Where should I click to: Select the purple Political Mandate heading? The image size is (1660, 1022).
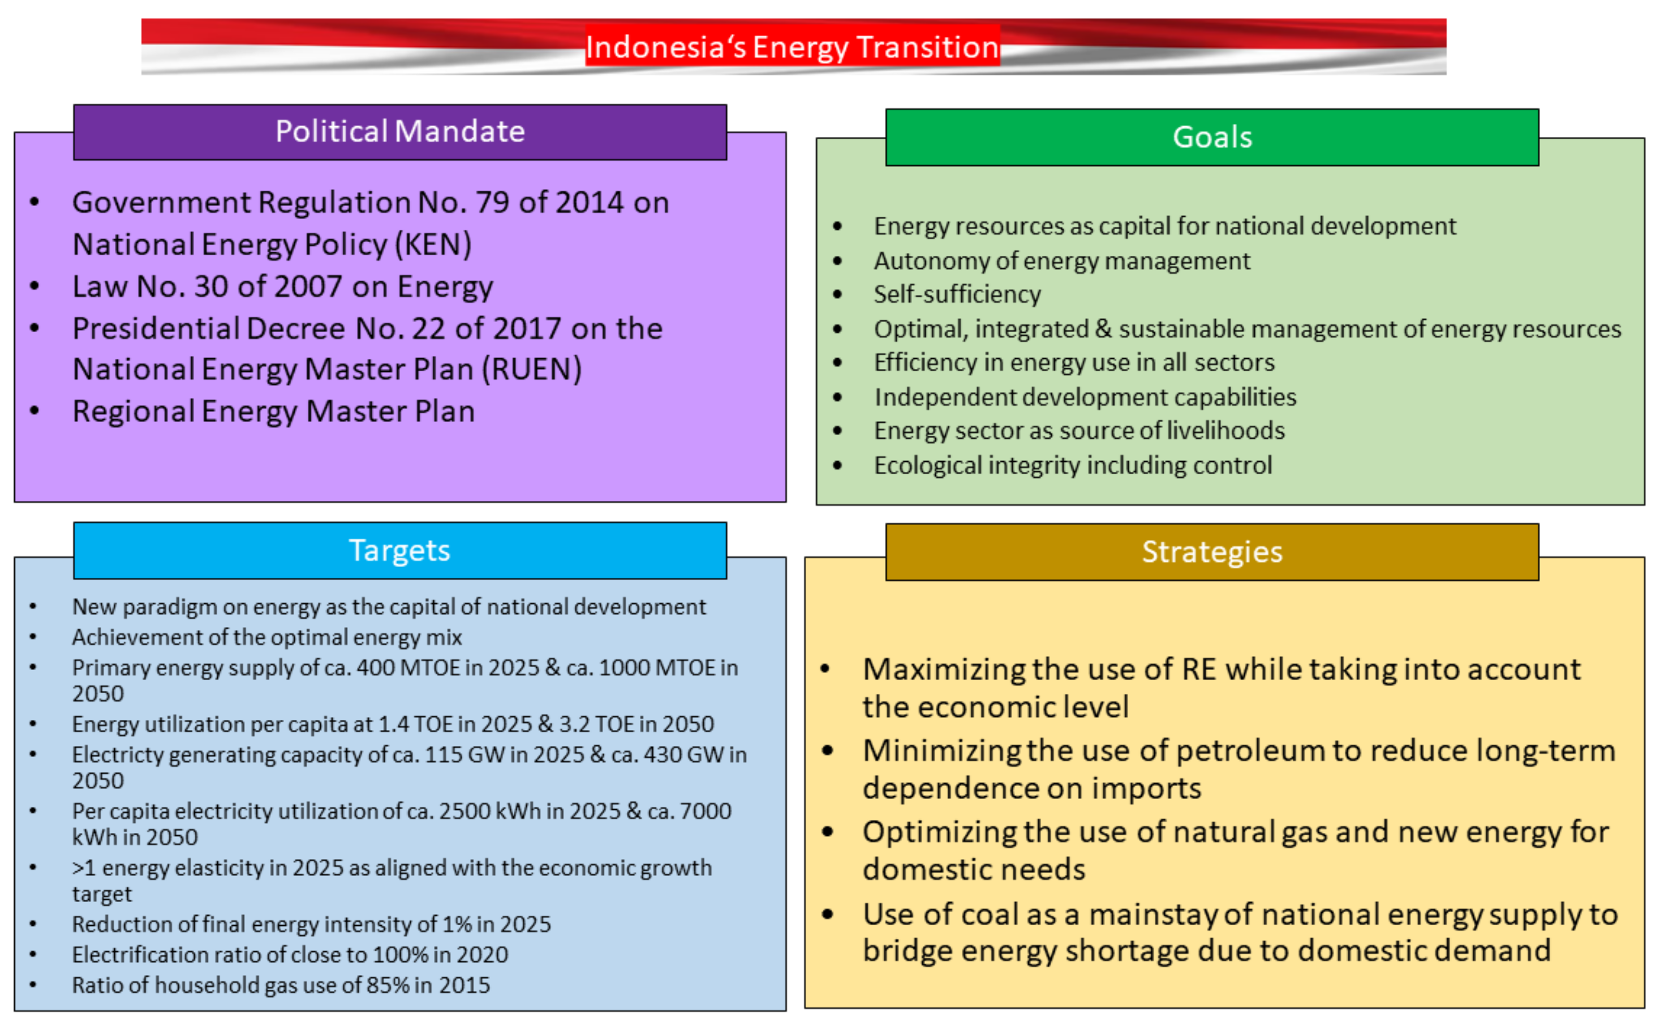tap(400, 131)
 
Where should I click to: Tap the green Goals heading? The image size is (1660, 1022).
tap(1212, 137)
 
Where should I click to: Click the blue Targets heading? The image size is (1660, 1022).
tap(400, 550)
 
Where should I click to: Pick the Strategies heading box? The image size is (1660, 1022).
tap(1212, 552)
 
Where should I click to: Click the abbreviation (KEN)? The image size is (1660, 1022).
tap(433, 244)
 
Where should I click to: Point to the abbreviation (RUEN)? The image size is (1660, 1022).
tap(532, 370)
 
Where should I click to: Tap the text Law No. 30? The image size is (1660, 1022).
tap(150, 286)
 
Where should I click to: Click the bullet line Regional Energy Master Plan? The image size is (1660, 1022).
tap(274, 411)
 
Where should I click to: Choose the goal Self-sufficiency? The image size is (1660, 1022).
tap(957, 295)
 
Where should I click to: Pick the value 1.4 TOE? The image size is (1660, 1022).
tap(417, 724)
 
